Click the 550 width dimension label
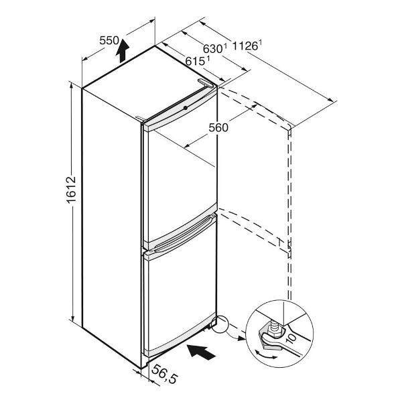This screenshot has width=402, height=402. click(x=109, y=40)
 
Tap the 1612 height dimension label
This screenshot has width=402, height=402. click(x=71, y=190)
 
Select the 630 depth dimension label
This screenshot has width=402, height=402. click(x=213, y=48)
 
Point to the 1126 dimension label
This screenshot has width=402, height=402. click(x=245, y=46)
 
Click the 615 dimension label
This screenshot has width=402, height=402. click(x=195, y=61)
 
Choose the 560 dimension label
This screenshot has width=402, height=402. click(x=218, y=127)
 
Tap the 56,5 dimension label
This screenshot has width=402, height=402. click(x=164, y=374)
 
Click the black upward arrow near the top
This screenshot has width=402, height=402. click(x=123, y=51)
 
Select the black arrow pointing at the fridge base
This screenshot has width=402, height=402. click(x=201, y=352)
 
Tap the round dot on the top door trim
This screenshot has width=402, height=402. click(x=185, y=108)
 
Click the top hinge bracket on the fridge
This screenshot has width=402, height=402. click(x=206, y=83)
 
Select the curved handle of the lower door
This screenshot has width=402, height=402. click(x=184, y=234)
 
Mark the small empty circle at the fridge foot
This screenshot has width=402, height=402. click(x=220, y=324)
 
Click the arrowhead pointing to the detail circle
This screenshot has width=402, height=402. click(x=242, y=338)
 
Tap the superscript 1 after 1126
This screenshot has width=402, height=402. click(x=260, y=43)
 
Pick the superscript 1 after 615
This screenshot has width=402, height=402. click(x=208, y=58)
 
